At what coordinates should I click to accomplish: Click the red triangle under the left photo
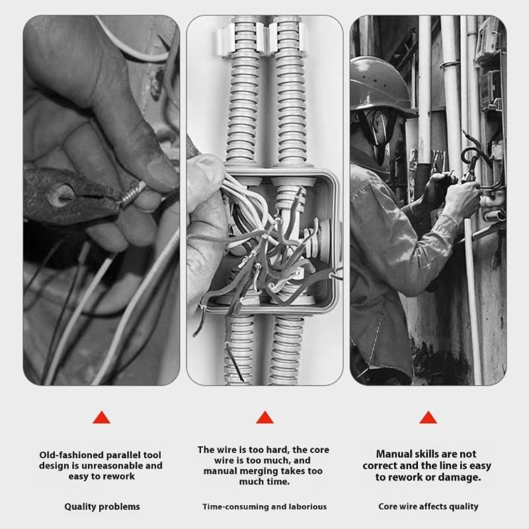[x=101, y=417]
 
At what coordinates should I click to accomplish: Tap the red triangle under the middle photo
[x=264, y=417]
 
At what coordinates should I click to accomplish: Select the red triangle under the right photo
[x=428, y=417]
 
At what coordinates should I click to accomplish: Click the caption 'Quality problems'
[x=102, y=507]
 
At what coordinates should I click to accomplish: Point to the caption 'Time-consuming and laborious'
[x=264, y=507]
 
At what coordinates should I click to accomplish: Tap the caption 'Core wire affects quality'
[x=428, y=507]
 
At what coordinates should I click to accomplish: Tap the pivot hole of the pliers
[x=63, y=193]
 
